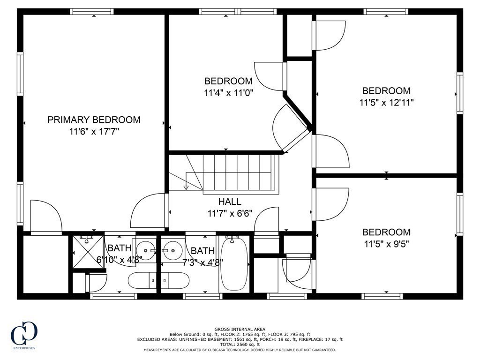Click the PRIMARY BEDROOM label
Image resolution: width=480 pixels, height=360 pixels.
(x=94, y=120)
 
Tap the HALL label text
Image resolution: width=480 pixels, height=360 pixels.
(x=230, y=202)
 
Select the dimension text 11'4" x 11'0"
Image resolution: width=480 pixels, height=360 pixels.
(x=229, y=93)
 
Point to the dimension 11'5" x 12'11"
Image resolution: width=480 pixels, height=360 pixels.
(x=386, y=102)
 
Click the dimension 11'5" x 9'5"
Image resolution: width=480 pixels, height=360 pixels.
(x=386, y=244)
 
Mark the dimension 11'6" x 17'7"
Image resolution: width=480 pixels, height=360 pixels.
(x=94, y=132)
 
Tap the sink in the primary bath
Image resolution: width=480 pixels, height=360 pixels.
(x=145, y=251)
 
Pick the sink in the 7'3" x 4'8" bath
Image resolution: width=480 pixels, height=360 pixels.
(x=172, y=251)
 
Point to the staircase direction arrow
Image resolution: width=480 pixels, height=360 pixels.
(x=186, y=187)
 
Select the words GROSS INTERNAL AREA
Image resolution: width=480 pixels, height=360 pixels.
(x=240, y=330)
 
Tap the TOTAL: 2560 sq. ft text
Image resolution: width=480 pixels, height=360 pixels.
(x=240, y=345)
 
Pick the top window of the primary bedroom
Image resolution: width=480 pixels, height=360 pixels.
(x=92, y=12)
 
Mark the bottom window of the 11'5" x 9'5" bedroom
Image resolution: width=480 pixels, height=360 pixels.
(x=382, y=296)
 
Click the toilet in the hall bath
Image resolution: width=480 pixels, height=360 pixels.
(x=175, y=280)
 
